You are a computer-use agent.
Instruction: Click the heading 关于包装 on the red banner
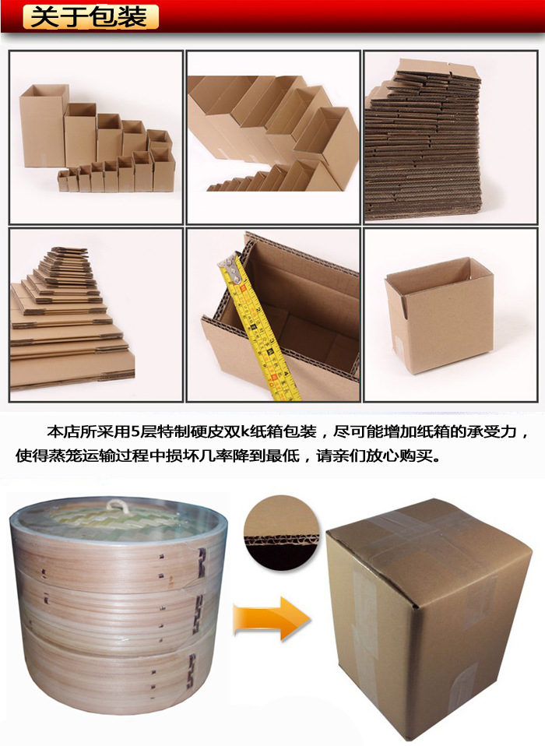[90, 17]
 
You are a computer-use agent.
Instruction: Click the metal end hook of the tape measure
[231, 265]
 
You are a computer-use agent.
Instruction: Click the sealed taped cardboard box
[427, 618]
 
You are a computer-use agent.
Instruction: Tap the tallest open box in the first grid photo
[43, 125]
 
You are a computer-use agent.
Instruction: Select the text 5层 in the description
[139, 431]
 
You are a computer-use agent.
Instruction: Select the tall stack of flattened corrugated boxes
[424, 140]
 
